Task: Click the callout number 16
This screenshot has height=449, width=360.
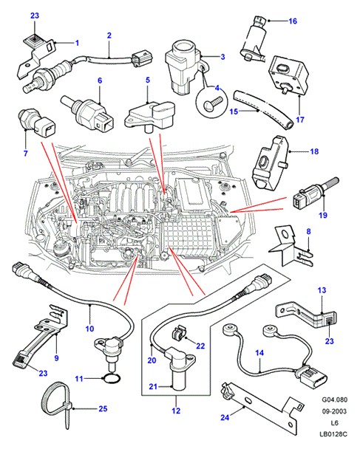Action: [x=293, y=21]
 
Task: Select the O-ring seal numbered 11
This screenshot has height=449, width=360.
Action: [x=112, y=379]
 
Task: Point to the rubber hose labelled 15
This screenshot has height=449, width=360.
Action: [x=263, y=110]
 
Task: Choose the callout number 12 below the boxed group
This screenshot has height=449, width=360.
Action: [x=176, y=411]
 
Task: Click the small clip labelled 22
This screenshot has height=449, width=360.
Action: [x=179, y=334]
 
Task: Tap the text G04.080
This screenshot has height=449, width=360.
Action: [x=334, y=400]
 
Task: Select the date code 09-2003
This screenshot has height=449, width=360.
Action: [x=334, y=411]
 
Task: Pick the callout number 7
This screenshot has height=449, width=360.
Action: [x=26, y=153]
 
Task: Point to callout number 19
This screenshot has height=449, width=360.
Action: [x=323, y=215]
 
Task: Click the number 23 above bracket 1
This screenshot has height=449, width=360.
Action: [x=35, y=16]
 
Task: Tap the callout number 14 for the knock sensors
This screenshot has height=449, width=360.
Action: [x=259, y=353]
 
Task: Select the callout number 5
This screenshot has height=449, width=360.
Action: [x=148, y=80]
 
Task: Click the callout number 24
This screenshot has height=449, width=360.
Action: [x=225, y=417]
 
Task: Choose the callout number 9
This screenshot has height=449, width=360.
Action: [x=56, y=357]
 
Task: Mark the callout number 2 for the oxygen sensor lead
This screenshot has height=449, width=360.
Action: [x=109, y=35]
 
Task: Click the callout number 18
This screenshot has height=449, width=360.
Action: [x=314, y=151]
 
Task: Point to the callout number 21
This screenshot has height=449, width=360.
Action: [x=153, y=386]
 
